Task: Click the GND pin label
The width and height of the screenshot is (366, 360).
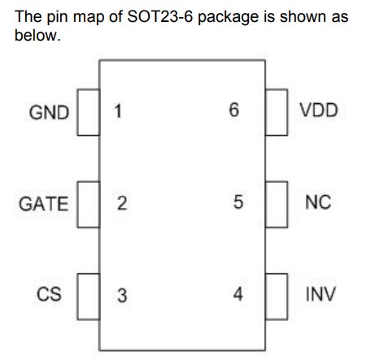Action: point(49,112)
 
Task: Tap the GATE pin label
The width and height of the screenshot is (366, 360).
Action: point(43,204)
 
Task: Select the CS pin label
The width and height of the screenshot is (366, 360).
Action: point(49,294)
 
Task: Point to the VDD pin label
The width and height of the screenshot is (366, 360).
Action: point(319,111)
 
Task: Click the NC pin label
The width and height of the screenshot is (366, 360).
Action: point(318,202)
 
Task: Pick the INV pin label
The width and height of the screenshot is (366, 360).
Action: point(320,294)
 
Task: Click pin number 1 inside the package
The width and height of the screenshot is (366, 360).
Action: point(118,111)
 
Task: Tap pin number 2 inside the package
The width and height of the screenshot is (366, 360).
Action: point(122,203)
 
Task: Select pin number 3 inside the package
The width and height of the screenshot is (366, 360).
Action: point(122,295)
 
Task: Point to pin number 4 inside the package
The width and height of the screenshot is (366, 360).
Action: point(238,294)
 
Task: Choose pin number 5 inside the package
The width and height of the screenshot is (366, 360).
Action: point(238,202)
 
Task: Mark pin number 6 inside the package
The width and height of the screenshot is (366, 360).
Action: point(234,110)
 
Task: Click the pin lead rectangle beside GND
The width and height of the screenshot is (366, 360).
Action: point(89,112)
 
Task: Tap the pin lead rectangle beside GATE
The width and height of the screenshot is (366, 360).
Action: point(89,204)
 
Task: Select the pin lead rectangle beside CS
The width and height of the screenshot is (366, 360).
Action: point(89,297)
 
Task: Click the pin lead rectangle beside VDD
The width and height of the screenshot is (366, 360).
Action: point(277,112)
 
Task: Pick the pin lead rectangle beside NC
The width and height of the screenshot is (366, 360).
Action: point(277,204)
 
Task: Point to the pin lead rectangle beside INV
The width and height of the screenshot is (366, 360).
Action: point(277,297)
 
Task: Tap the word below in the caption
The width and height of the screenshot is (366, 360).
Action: point(37,35)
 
